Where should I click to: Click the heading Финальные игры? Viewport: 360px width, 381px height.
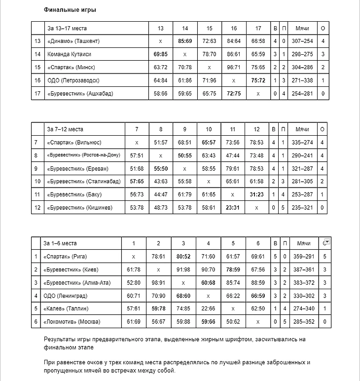coord(70,9)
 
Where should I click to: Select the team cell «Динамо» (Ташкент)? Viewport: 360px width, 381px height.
coord(73,41)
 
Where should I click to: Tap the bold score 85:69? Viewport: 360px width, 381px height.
coord(185,41)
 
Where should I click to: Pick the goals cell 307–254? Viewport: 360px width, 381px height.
coord(302,41)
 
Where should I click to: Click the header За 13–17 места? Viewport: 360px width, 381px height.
coord(67,28)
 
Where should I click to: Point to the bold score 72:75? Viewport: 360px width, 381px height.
coord(234,93)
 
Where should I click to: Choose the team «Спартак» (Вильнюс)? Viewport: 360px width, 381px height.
coord(74,143)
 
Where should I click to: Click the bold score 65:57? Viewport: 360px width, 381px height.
coord(209,143)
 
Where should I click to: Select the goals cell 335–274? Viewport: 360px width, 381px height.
coord(302,143)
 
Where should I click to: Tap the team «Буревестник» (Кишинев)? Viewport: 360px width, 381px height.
coord(80,208)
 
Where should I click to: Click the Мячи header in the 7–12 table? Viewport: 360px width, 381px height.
coord(302,129)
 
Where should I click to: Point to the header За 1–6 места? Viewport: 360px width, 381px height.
coord(60,243)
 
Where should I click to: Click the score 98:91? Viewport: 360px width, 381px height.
coord(158,283)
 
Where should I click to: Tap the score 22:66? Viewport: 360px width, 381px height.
coord(208,309)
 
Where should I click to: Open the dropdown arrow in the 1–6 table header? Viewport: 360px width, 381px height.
coord(327,241)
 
